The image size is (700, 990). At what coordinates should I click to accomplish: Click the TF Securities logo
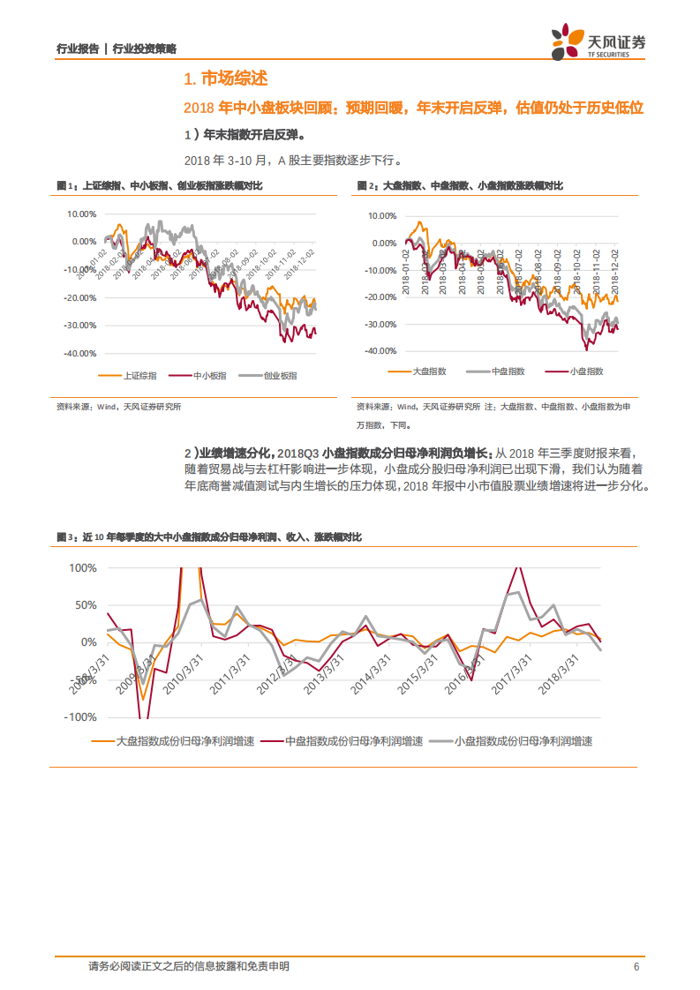(x=598, y=43)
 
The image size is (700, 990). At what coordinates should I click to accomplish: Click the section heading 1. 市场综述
(x=224, y=80)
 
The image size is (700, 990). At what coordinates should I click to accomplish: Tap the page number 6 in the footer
(x=636, y=967)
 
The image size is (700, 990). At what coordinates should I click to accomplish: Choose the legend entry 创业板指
(x=280, y=375)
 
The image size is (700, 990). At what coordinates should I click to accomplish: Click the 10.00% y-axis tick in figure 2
(x=381, y=215)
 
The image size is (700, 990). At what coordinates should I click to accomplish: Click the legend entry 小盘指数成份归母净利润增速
(x=523, y=741)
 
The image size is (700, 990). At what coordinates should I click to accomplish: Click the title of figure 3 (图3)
(x=208, y=536)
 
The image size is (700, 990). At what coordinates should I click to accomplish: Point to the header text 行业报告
(x=78, y=49)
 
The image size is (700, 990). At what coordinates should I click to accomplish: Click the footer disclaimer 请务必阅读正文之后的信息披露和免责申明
(x=189, y=967)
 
